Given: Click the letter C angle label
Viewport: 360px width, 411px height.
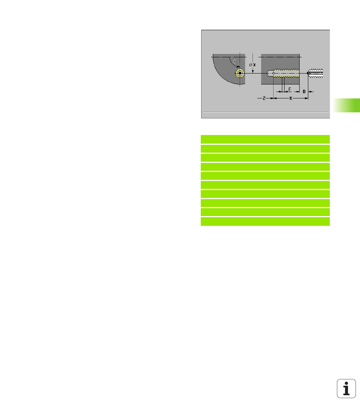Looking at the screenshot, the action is (x=235, y=62).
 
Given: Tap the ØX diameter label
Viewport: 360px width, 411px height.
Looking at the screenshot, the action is (x=252, y=65).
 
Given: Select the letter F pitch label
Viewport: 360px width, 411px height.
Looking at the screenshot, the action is (x=290, y=89).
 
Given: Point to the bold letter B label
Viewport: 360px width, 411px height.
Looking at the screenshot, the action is (x=304, y=92).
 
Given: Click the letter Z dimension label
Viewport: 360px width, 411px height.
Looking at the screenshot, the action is (x=264, y=98).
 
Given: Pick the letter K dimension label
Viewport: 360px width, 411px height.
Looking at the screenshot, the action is (x=291, y=98).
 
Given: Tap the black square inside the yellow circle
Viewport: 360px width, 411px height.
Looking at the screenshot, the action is (x=240, y=73).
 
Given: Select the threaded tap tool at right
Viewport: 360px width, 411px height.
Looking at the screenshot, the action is (x=315, y=73).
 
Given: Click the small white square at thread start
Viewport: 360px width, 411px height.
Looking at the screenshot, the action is (x=274, y=74).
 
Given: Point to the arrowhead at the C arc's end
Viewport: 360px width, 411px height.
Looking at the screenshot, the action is (x=238, y=67).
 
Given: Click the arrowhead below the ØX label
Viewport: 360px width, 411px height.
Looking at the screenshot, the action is (x=253, y=71).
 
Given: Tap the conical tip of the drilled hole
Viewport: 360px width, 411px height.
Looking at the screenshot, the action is (x=268, y=74).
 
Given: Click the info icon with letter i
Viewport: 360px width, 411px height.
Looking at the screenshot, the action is (x=346, y=388).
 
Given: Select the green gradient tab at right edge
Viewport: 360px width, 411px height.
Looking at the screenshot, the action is (x=346, y=105).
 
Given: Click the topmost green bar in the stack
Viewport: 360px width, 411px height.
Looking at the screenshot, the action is (x=265, y=139).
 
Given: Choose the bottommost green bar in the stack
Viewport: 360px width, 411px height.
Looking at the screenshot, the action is (x=265, y=221).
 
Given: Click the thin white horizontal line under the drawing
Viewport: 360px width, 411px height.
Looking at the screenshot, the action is (x=266, y=112).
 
